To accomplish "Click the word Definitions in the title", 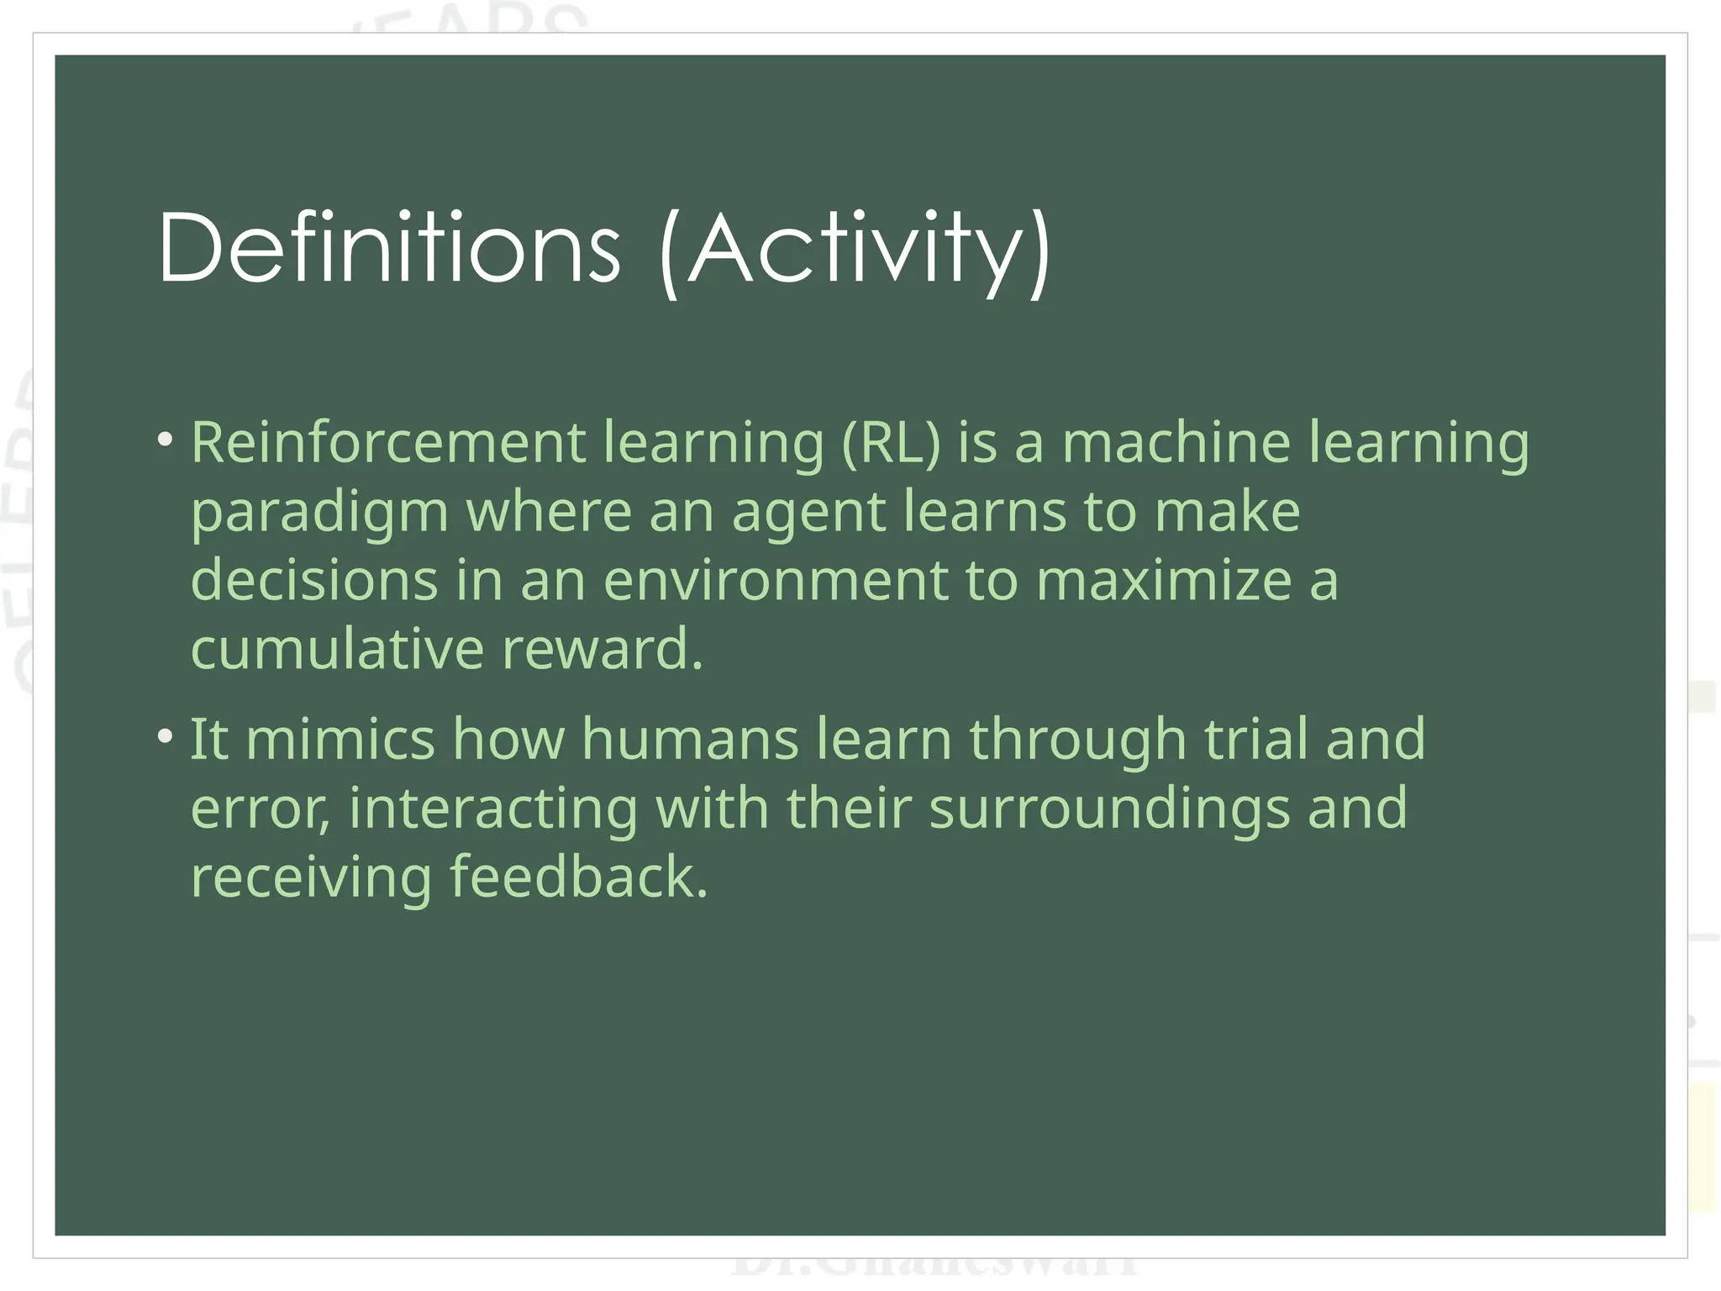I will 389,249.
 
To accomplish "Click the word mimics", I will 340,739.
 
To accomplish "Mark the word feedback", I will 579,877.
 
